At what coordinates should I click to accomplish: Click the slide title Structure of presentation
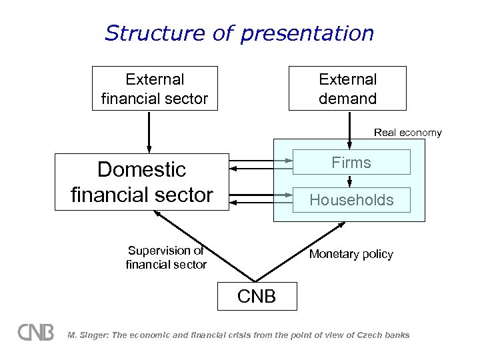[239, 33]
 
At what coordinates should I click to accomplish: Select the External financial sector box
[155, 89]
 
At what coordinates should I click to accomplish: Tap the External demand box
[347, 89]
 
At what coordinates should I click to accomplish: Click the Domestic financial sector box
[141, 182]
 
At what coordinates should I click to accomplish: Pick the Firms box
[351, 162]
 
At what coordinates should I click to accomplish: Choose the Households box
[351, 199]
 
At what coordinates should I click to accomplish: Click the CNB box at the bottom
[257, 296]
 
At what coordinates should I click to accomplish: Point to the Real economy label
[407, 133]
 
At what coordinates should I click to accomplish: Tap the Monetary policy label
[351, 254]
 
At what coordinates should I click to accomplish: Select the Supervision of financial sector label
[166, 257]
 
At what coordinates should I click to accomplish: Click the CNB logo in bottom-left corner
[35, 333]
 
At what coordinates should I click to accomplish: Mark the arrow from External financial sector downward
[149, 132]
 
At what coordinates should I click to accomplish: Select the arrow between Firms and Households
[349, 181]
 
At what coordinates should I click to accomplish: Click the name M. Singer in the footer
[85, 335]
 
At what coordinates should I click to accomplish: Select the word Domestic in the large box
[141, 170]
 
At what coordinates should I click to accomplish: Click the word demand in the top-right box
[347, 99]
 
